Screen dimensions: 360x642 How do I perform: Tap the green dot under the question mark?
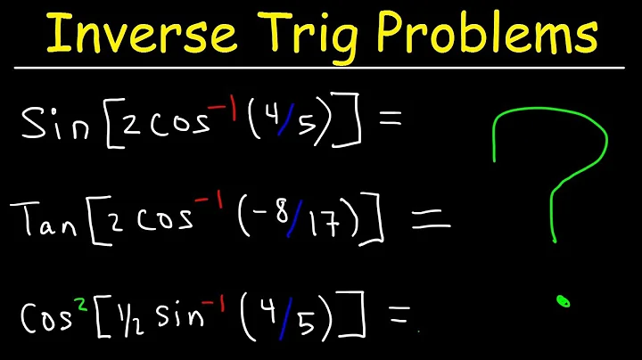(563, 302)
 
